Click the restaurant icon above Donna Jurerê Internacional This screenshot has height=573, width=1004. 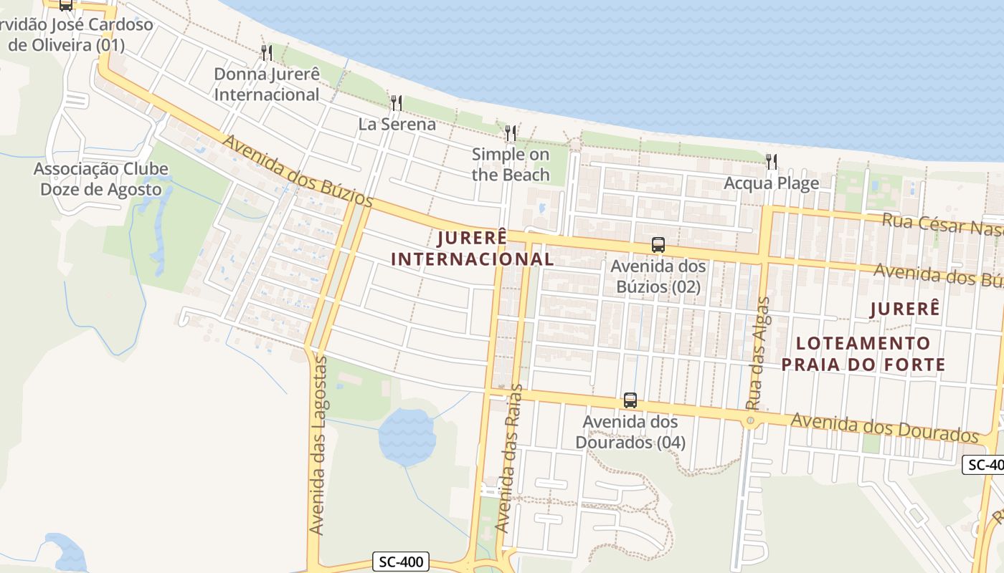click(266, 52)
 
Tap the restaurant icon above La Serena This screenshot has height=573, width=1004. click(396, 103)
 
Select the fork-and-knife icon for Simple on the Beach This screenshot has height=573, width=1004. click(511, 133)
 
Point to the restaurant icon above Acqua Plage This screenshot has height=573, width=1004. click(772, 162)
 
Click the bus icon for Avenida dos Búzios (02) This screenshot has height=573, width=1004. click(658, 245)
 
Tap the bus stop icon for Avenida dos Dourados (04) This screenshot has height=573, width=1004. click(630, 400)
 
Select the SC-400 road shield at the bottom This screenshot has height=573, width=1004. click(401, 562)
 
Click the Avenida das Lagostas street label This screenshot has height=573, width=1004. click(318, 444)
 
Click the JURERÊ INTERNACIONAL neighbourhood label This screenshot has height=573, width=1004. click(473, 248)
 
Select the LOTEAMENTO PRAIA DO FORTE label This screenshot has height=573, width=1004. click(863, 354)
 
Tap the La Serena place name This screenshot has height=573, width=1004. click(397, 125)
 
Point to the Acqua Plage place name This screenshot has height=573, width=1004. click(772, 183)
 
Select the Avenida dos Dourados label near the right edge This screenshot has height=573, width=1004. click(884, 425)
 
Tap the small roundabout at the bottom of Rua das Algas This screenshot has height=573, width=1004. click(750, 421)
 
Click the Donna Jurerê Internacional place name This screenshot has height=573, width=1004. click(267, 85)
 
